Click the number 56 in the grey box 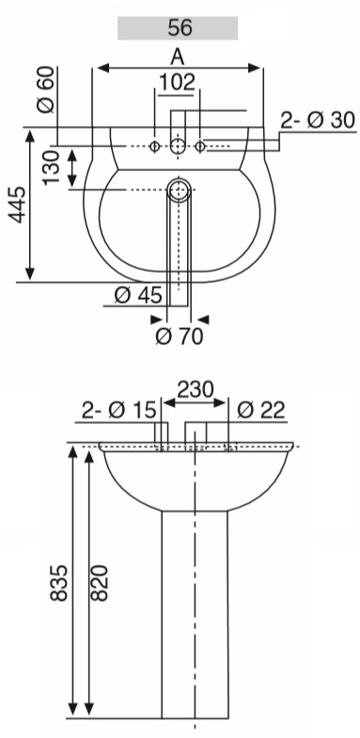click(180, 28)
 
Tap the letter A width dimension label click(177, 57)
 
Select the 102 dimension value click(177, 83)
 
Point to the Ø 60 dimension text click(47, 89)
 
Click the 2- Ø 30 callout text click(318, 120)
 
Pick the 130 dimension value click(52, 168)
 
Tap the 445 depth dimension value click(18, 205)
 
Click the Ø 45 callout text click(138, 295)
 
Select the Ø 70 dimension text click(180, 337)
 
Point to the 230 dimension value click(196, 390)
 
